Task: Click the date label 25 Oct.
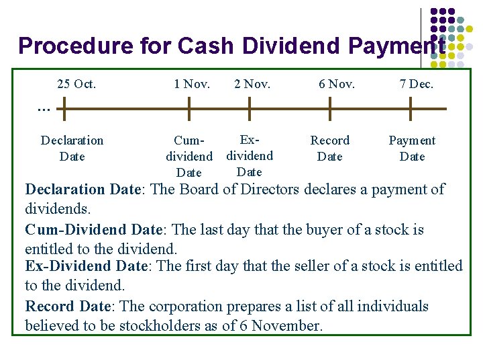point(76,84)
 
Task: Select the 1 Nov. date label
point(192,84)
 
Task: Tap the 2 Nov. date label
point(252,84)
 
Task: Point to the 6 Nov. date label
point(337,84)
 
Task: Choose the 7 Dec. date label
point(417,84)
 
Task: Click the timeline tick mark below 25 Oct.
point(65,108)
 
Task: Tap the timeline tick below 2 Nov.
point(250,108)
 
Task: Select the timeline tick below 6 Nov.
point(329,108)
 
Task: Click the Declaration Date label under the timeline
point(72,148)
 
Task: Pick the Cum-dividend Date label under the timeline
point(189,157)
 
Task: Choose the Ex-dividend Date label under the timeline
point(250,155)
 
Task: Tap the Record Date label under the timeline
point(329,148)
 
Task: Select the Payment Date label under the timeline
point(412,148)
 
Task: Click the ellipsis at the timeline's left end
point(44,107)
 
